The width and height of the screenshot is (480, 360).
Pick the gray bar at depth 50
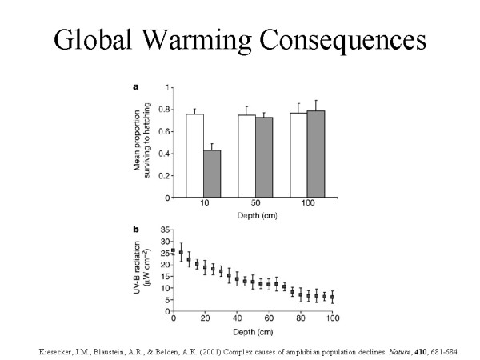[263, 157]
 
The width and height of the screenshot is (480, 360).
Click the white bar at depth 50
[246, 156]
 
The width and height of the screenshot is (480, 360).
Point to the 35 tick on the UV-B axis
[166, 230]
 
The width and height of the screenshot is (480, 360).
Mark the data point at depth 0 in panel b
[174, 250]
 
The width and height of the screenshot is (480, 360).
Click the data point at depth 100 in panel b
[332, 297]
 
